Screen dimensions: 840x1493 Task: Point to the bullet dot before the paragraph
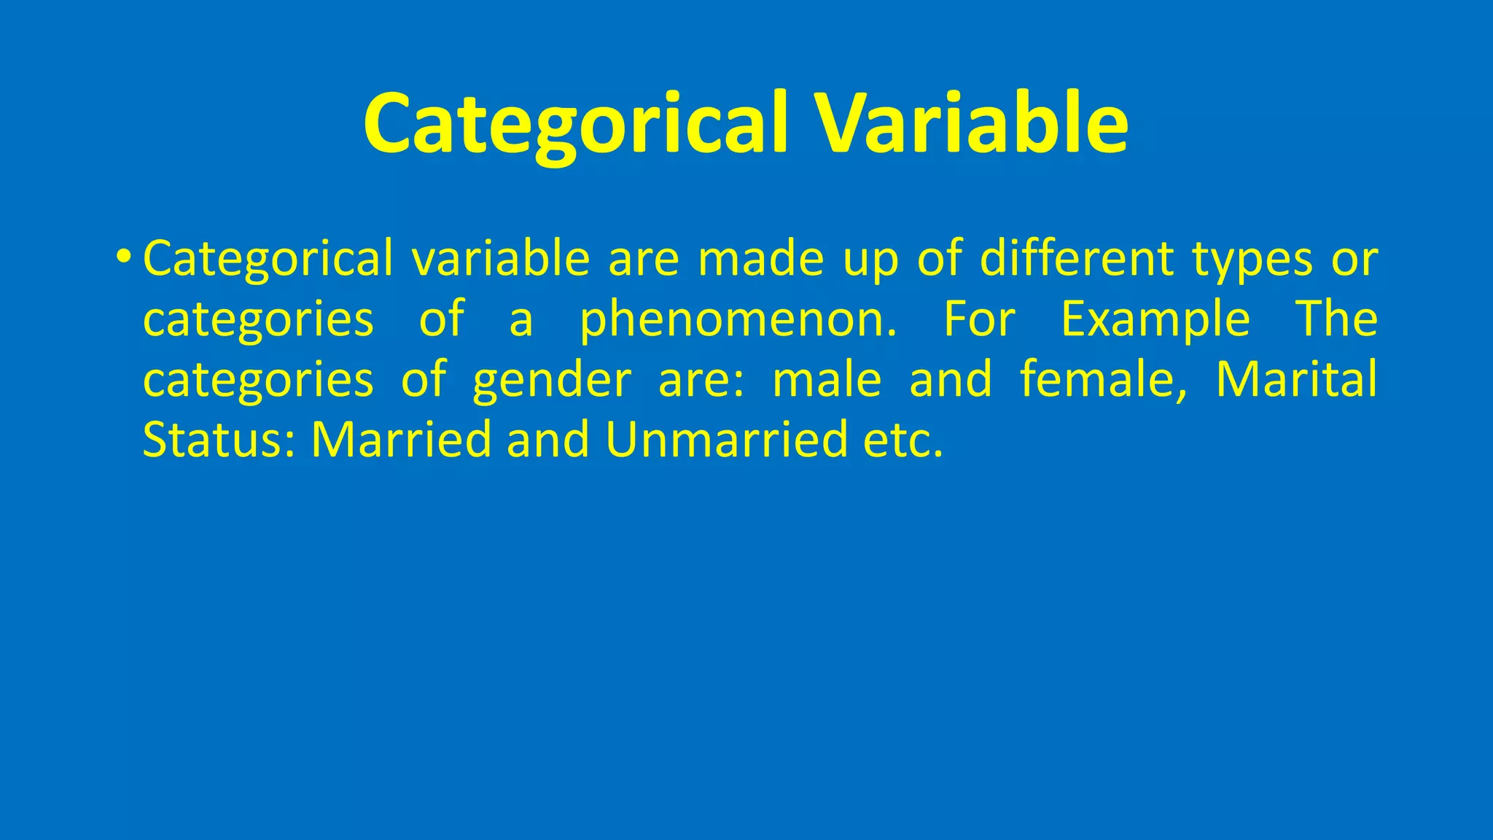pos(123,257)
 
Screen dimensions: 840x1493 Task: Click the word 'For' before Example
pos(979,319)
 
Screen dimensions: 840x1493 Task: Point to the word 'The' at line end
pos(1336,319)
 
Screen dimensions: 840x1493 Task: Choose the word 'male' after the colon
pos(827,380)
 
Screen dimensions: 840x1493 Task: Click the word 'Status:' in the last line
pos(219,440)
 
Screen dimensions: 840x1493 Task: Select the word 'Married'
pos(401,440)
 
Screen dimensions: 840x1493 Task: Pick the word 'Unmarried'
pos(726,440)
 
